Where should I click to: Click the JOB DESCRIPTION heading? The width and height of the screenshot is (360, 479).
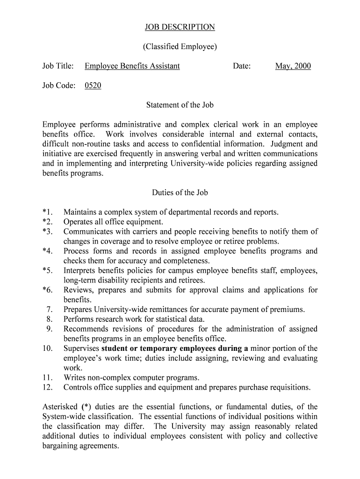coord(180,27)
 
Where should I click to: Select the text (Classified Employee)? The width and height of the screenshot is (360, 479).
coord(180,47)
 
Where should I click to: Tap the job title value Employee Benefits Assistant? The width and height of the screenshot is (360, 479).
coord(132,66)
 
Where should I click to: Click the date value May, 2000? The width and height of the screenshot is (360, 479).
coord(293,66)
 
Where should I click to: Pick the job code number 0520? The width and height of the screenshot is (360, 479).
coord(93,86)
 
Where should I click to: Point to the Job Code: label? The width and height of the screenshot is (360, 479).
coord(58,86)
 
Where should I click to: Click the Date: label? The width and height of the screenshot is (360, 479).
coord(242,66)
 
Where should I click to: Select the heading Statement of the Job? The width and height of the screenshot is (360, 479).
coord(180,105)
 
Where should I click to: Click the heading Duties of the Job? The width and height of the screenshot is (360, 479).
coord(180,192)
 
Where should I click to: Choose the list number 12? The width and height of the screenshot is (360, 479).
coord(48,387)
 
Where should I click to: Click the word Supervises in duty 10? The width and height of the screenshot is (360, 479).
coord(81,348)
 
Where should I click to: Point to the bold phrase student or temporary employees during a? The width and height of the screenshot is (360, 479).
coord(175,348)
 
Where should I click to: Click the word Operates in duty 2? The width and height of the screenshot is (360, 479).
coord(78,222)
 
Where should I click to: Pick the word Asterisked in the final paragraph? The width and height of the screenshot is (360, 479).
coord(61,407)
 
